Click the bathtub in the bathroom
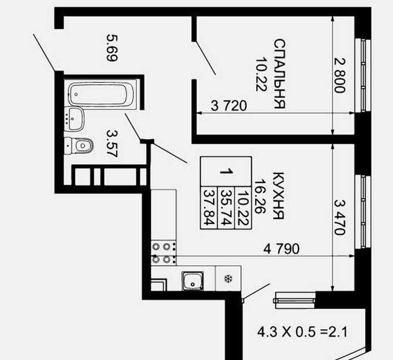point(101,94)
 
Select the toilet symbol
point(79,145)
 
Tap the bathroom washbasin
point(74,119)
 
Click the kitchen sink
point(192,281)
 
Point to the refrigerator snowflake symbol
point(228,279)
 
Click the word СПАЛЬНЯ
point(279,74)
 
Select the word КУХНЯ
point(278,196)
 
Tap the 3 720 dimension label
point(229,106)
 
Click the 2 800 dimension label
point(340,75)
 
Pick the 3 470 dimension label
point(340,217)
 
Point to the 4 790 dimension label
point(282,249)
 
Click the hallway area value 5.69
point(112,48)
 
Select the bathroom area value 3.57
point(112,143)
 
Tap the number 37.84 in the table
point(209,207)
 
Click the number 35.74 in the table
point(226,207)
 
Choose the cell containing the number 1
point(226,172)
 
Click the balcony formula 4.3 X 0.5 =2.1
point(302,332)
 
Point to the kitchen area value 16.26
point(260,196)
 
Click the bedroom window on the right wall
point(363,75)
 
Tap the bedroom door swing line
point(206,58)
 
